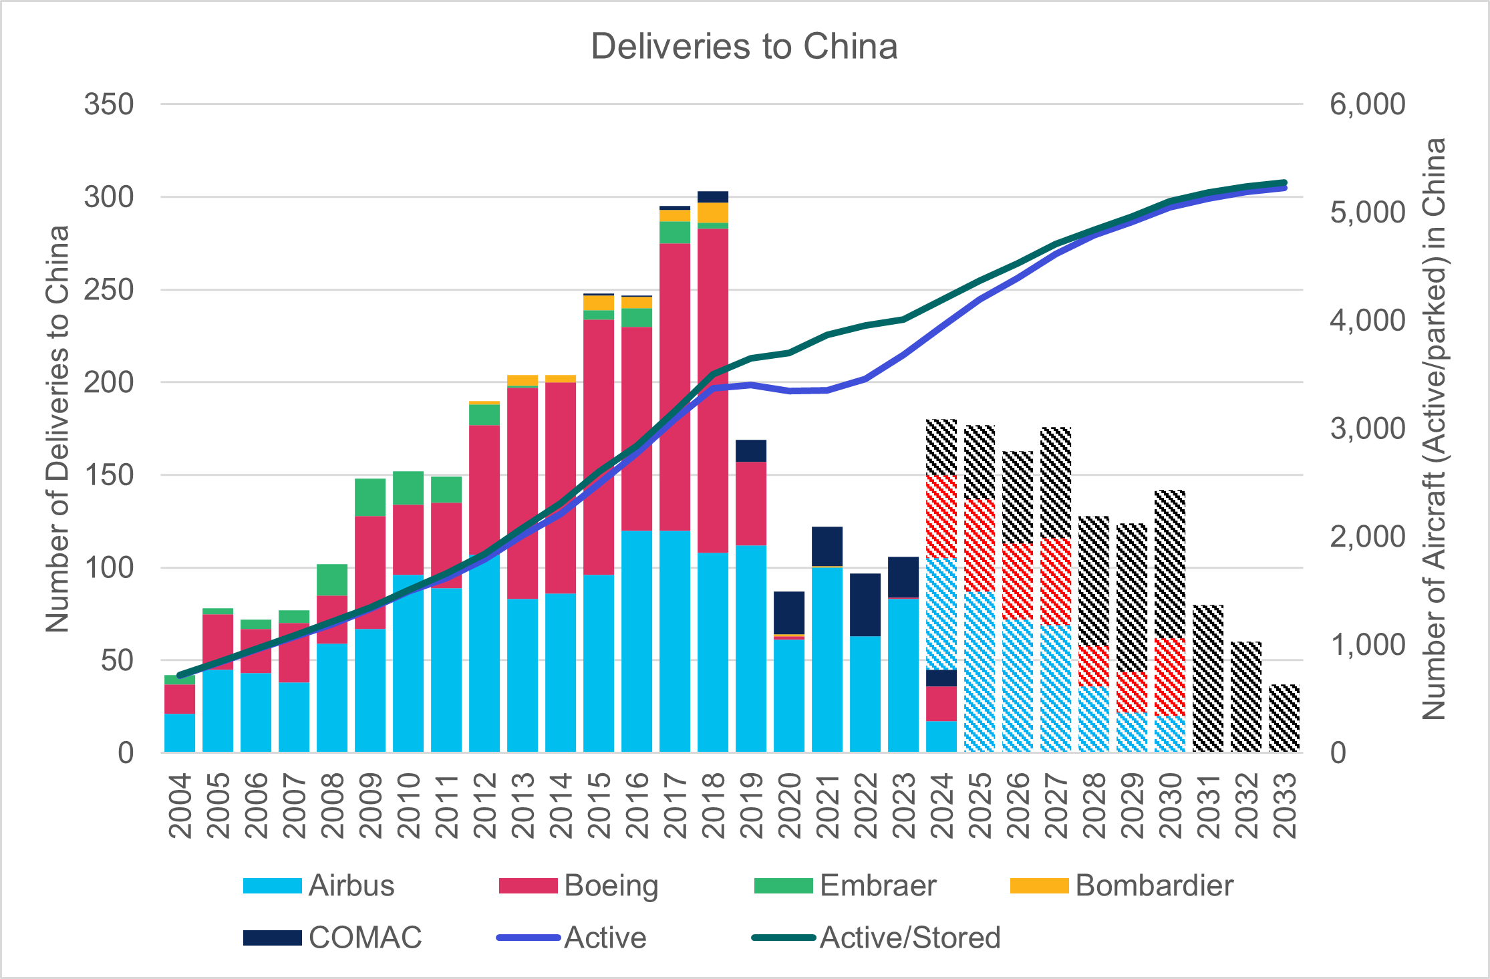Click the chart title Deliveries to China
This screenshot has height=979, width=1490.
click(x=744, y=47)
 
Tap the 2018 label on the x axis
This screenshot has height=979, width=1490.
click(x=714, y=805)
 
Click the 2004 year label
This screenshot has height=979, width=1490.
click(x=180, y=805)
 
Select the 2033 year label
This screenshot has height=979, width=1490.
click(x=1285, y=805)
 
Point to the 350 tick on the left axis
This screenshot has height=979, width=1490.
click(x=109, y=104)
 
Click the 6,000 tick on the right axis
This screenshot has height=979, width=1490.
click(x=1367, y=104)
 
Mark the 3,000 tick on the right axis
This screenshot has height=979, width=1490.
click(x=1367, y=428)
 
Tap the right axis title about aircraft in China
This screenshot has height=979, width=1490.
click(x=1434, y=428)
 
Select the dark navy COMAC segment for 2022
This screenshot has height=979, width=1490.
click(x=865, y=604)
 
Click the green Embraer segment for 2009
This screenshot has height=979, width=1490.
click(x=370, y=497)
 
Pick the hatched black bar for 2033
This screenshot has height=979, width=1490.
click(x=1284, y=718)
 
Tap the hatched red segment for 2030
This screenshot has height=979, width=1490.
click(x=1170, y=676)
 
